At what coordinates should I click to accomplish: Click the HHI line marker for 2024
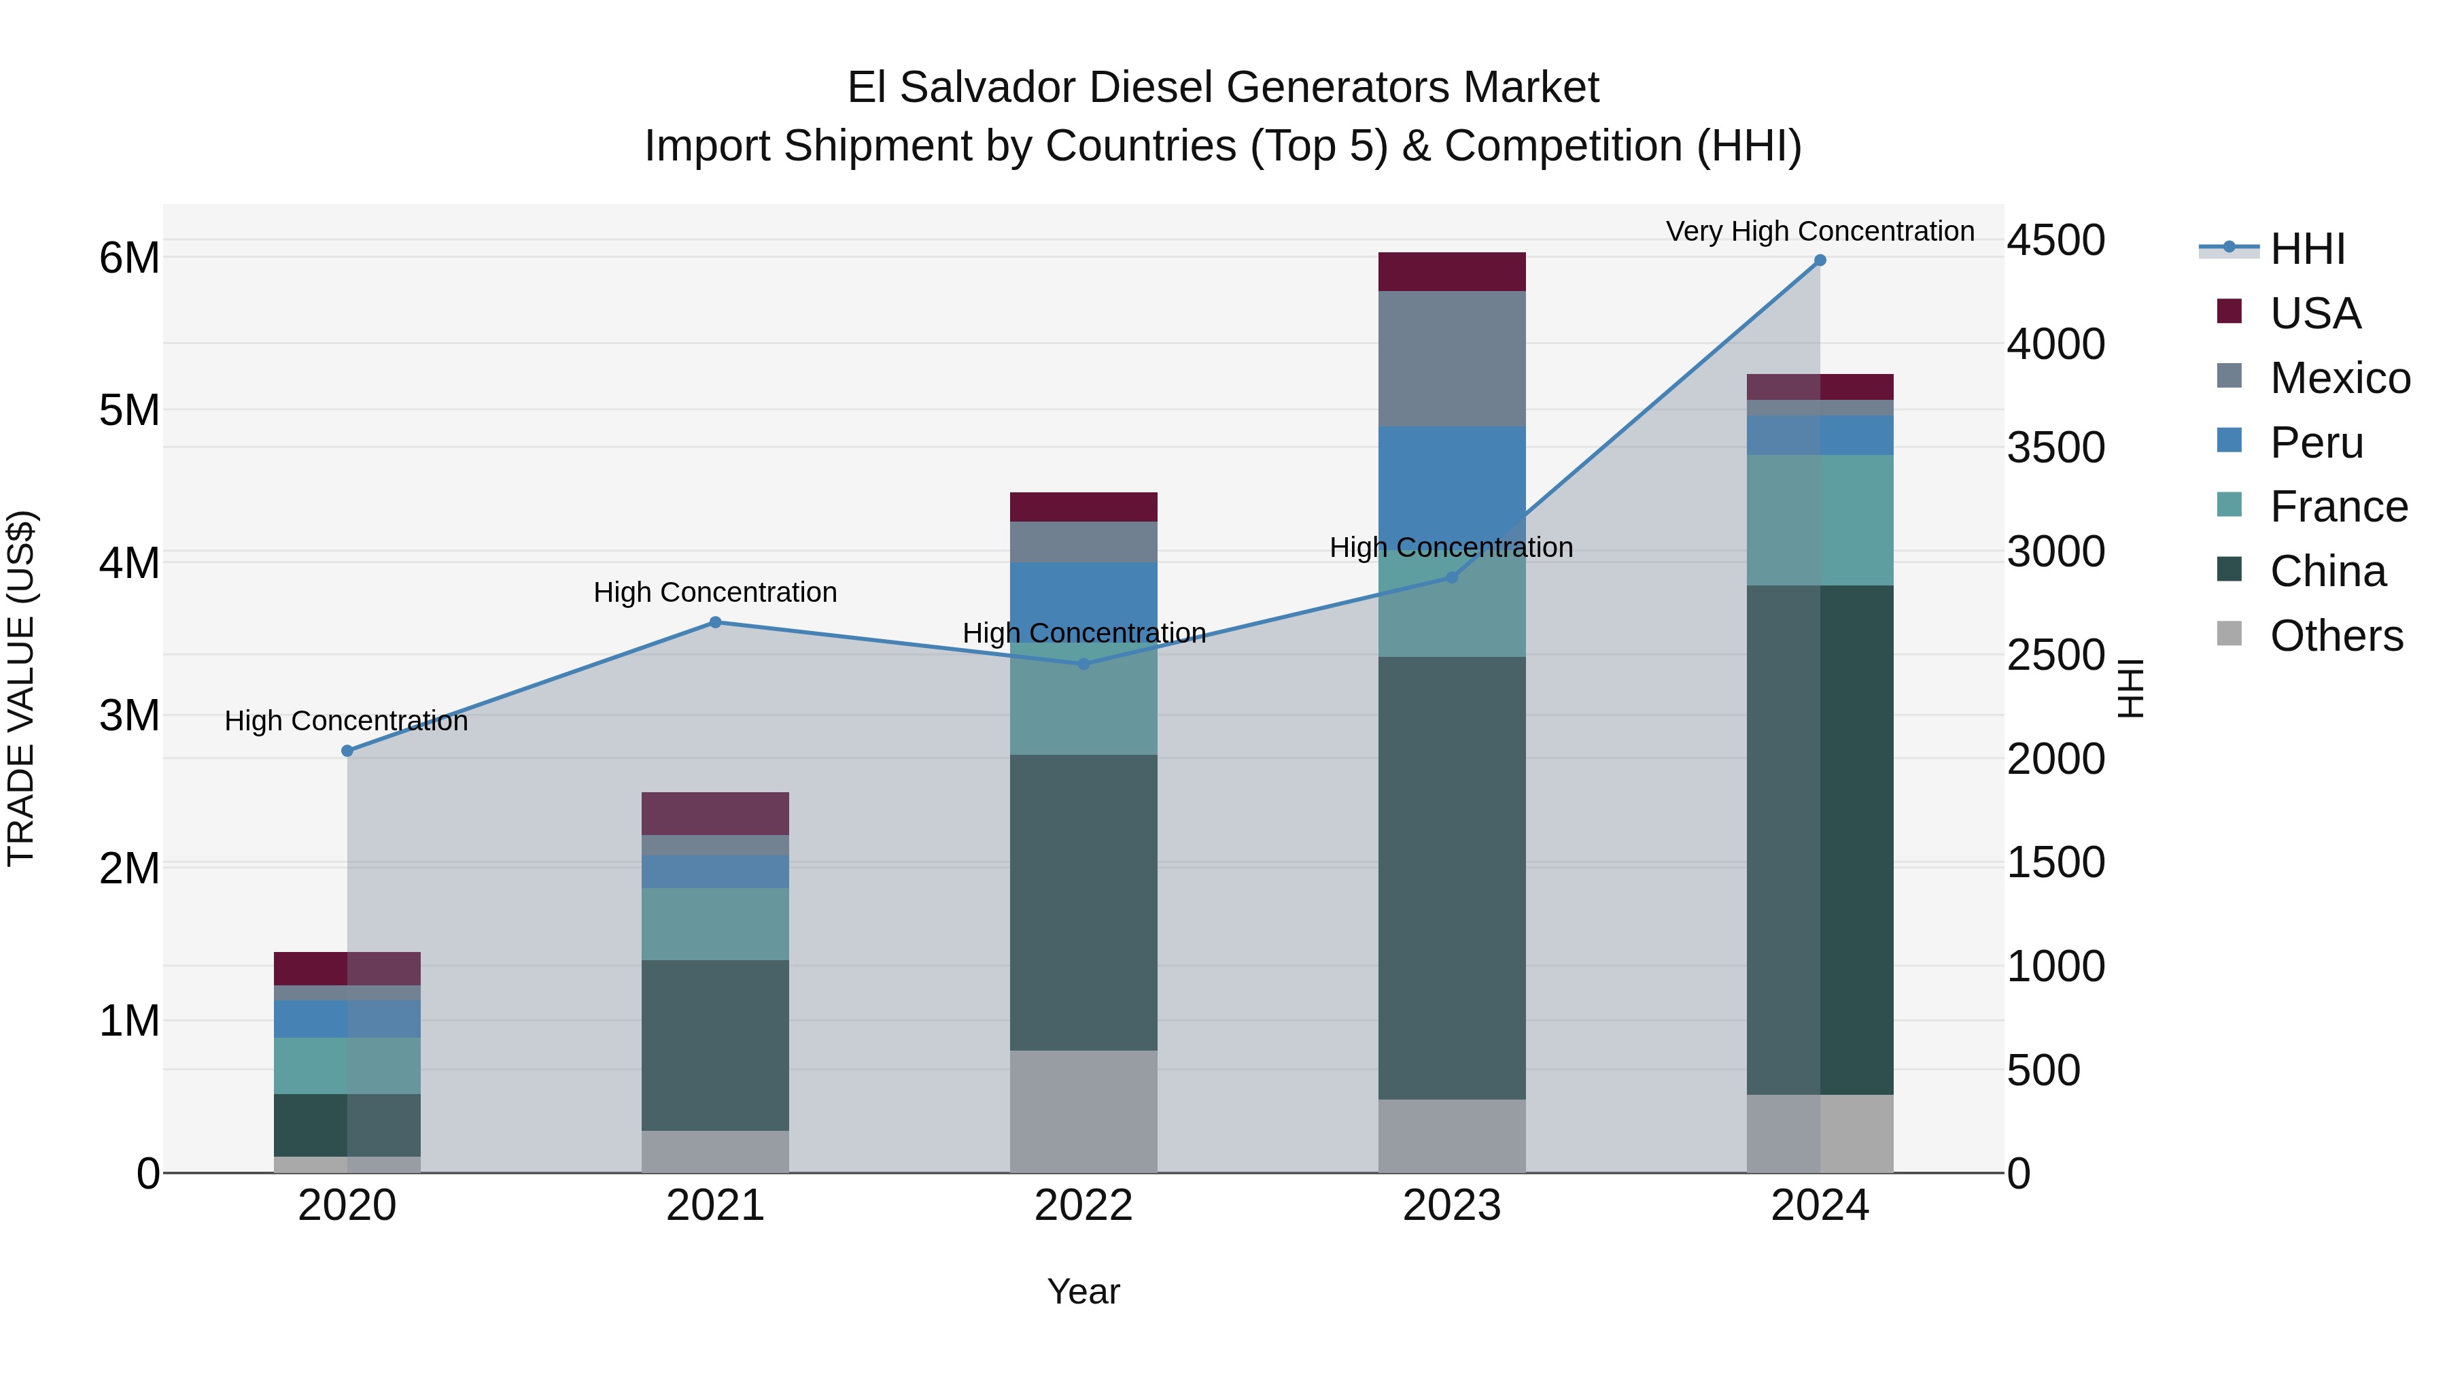click(1819, 260)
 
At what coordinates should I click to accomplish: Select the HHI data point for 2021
click(715, 622)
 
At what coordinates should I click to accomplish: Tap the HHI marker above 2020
click(347, 751)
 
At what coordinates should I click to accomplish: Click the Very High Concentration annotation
click(1819, 232)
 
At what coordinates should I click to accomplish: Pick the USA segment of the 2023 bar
click(1451, 272)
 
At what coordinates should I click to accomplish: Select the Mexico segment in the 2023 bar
click(1451, 358)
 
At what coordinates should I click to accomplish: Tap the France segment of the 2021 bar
click(715, 923)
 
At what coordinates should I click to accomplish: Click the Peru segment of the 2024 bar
click(1819, 435)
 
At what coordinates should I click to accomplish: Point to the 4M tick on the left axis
click(129, 562)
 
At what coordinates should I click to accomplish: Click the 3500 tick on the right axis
click(2055, 447)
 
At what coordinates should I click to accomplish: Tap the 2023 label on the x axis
click(1451, 1206)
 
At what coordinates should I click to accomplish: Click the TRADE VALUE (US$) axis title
click(21, 688)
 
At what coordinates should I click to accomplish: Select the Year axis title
click(1083, 1291)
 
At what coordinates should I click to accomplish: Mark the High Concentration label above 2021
click(715, 593)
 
